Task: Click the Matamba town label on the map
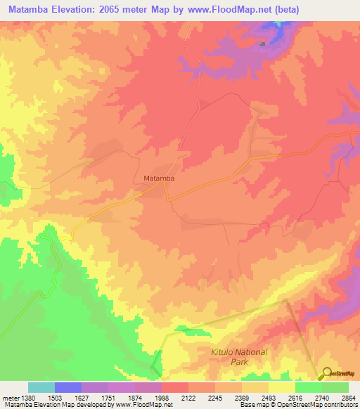tap(159, 178)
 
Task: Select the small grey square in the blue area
tap(263, 44)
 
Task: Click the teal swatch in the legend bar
tap(41, 387)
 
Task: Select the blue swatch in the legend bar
tap(68, 387)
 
